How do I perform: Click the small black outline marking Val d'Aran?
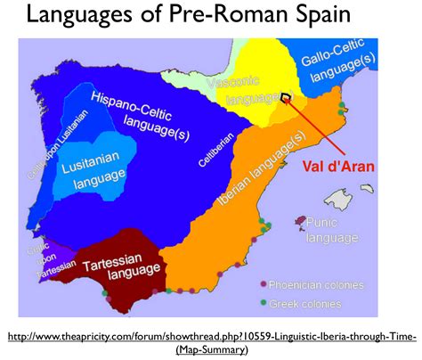tap(285, 98)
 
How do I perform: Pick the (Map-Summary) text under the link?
tap(211, 348)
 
